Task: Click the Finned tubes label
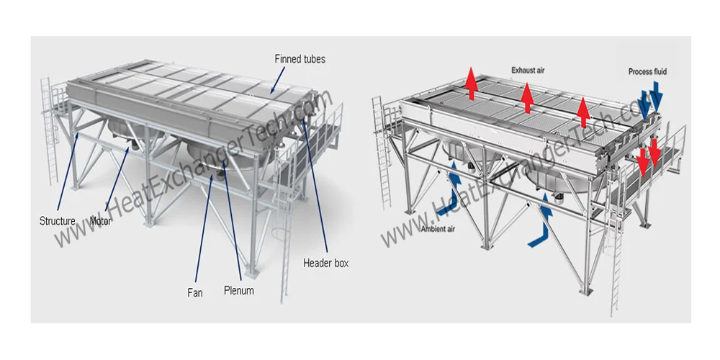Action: [300, 59]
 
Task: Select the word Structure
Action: [57, 221]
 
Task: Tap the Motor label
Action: [100, 221]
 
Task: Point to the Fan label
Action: [195, 292]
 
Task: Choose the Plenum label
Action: [238, 291]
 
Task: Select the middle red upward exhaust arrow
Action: [528, 97]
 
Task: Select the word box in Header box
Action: [341, 264]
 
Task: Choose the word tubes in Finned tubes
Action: [313, 59]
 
